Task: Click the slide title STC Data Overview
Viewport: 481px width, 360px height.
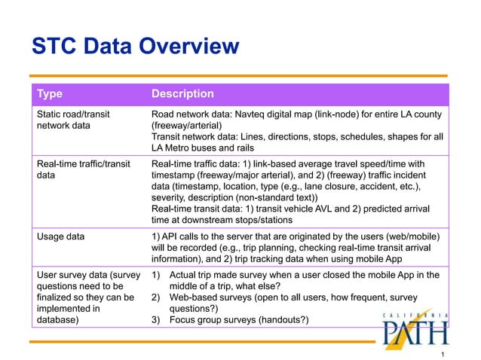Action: tap(135, 47)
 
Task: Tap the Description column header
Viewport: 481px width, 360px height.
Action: tap(182, 94)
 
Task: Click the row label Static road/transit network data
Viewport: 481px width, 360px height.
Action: tap(73, 119)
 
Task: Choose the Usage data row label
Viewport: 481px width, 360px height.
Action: tap(61, 236)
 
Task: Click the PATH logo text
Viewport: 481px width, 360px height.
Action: tap(415, 332)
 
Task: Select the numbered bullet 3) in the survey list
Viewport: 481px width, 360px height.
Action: tap(157, 319)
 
